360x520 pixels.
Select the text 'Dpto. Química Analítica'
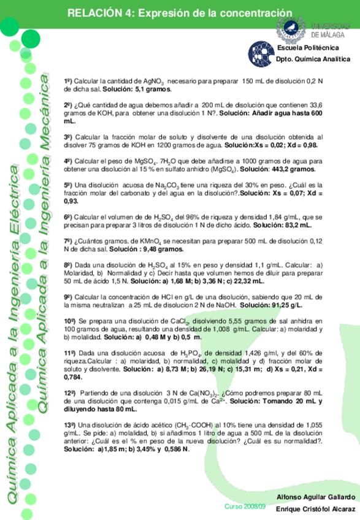313,59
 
